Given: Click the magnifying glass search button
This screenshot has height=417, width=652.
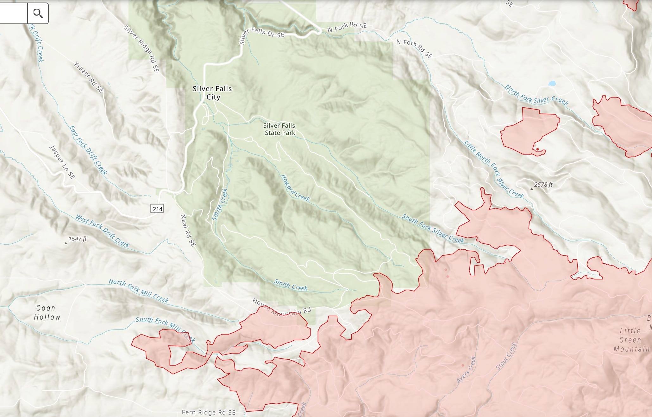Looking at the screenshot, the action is (x=38, y=13).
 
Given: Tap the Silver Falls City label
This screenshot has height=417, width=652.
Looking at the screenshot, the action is (x=212, y=93).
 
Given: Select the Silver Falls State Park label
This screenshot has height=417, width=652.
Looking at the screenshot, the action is (x=279, y=129).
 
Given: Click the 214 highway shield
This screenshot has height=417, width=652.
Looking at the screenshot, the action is (x=157, y=209).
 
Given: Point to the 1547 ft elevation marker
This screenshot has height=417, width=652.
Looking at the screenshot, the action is (x=66, y=243).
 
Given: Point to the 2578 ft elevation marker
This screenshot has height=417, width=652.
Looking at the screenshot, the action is (x=532, y=189).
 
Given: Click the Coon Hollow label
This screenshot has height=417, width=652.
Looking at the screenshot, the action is (x=47, y=312).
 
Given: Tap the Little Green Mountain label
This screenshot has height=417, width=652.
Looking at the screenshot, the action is (x=631, y=340).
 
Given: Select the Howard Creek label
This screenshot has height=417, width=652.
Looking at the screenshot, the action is (x=295, y=188).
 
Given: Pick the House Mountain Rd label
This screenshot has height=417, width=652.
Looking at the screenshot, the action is (x=281, y=307).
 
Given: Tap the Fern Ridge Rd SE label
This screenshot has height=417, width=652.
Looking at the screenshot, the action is (x=209, y=412).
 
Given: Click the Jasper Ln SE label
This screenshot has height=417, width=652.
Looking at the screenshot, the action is (x=62, y=162).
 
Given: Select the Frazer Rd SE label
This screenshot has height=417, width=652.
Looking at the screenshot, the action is (x=89, y=78).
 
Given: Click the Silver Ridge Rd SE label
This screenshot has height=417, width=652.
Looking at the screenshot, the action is (x=141, y=49).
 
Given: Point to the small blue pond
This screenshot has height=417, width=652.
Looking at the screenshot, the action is (x=552, y=84).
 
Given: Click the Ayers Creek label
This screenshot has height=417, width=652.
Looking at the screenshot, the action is (x=466, y=369).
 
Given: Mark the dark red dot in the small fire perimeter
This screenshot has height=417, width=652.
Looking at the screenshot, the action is (x=537, y=149).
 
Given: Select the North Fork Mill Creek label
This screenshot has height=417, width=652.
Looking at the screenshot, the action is (x=139, y=291).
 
